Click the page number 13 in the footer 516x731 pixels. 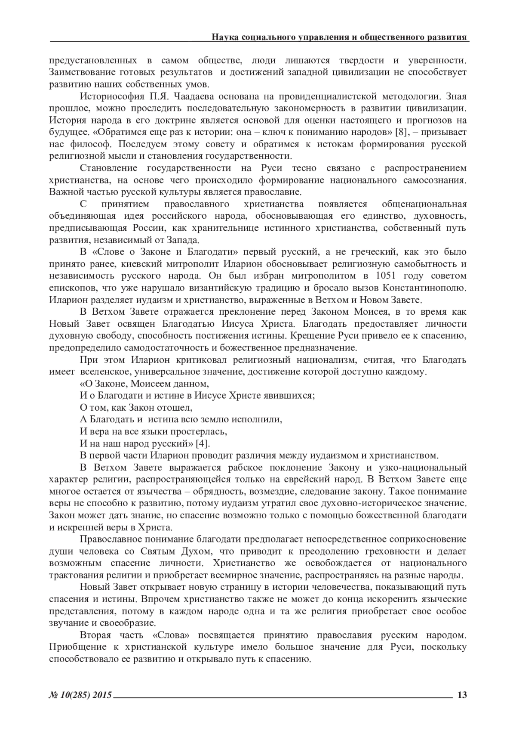[462, 695]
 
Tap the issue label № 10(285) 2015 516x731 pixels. [80, 695]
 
